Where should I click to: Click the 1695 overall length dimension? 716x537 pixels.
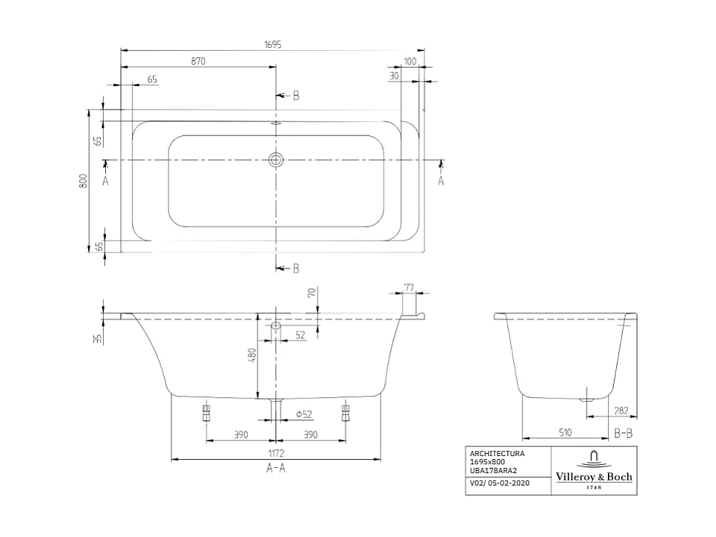273,45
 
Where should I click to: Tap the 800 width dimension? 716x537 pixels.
84,180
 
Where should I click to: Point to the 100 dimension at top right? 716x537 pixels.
410,61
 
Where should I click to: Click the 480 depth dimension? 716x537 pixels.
251,355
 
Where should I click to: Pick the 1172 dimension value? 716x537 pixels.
276,454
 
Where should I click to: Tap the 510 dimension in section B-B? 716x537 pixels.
565,433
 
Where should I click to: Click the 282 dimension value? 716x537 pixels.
620,411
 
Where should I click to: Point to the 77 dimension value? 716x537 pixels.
409,288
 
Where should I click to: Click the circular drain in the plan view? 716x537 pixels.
276,160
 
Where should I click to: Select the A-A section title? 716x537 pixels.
276,469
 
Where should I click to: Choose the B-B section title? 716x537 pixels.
623,434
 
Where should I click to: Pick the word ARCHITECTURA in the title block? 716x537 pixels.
497,454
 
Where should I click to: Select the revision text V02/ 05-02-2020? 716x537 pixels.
499,483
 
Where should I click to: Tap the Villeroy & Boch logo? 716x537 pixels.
593,470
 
